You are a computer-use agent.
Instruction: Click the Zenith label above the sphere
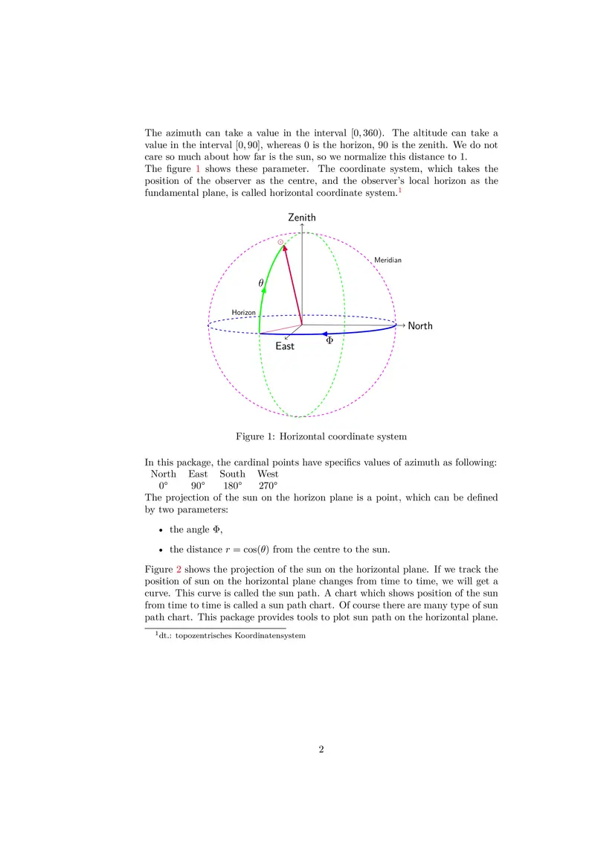click(x=302, y=217)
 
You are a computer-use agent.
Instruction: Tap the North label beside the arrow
click(x=420, y=326)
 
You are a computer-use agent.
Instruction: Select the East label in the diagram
click(x=285, y=346)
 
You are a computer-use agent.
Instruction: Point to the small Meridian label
click(x=387, y=260)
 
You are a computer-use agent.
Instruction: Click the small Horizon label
click(x=243, y=313)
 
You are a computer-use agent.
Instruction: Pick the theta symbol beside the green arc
click(x=260, y=283)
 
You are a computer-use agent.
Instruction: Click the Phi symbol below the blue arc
click(x=329, y=341)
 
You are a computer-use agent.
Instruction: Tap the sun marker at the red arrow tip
click(x=280, y=242)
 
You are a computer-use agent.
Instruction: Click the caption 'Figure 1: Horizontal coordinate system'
click(x=321, y=436)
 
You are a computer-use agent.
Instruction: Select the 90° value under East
click(x=198, y=486)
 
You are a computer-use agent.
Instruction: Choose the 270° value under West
click(x=268, y=486)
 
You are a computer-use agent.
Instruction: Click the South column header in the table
click(x=232, y=474)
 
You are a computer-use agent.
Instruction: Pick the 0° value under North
click(x=163, y=486)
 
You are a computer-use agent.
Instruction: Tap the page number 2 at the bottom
click(x=321, y=750)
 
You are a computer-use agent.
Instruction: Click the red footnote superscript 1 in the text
click(x=399, y=191)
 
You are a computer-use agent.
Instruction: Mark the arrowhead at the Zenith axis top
click(x=302, y=226)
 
